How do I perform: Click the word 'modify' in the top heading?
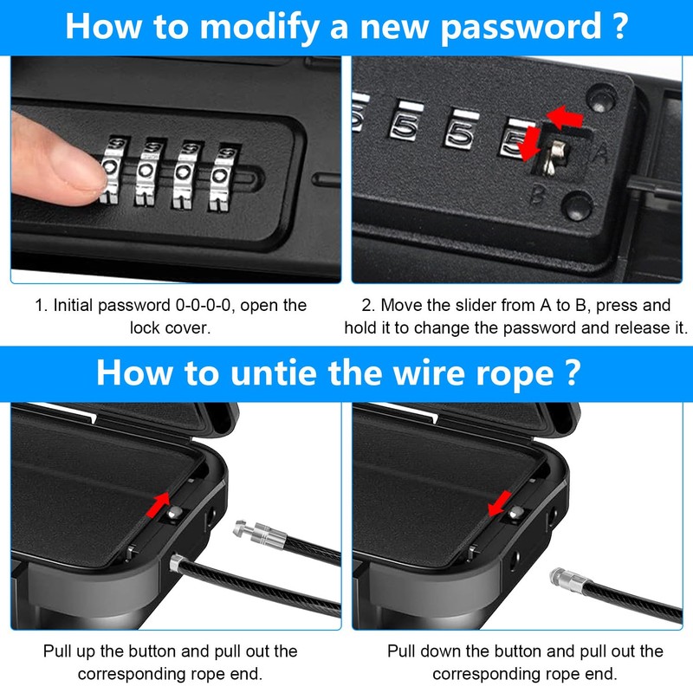[259, 28]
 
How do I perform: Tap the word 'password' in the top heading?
[521, 28]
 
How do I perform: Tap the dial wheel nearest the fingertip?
[112, 170]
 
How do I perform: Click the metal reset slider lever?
[554, 157]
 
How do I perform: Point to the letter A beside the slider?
[599, 155]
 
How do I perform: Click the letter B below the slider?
[538, 193]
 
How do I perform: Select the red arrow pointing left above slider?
[565, 117]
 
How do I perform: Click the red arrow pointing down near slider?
[529, 144]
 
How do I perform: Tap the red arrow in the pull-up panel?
[159, 504]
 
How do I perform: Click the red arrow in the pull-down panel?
[500, 503]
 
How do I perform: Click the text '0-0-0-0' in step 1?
[204, 306]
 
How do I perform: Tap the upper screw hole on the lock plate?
[600, 99]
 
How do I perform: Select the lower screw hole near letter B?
[577, 206]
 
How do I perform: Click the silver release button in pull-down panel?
[515, 513]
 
